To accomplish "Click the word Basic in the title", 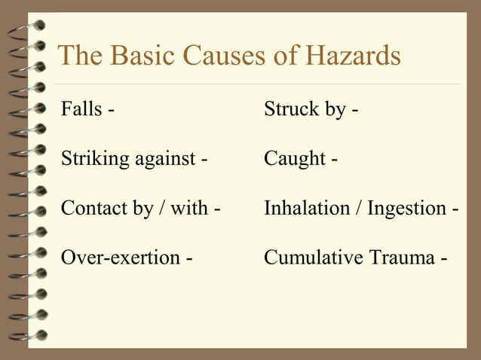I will [x=133, y=56].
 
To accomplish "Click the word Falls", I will [x=80, y=110].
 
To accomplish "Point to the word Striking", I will [x=93, y=160].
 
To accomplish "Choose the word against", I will [x=164, y=160].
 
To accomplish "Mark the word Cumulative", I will [x=311, y=258].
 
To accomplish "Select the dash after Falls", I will [x=112, y=111].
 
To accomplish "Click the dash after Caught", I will [x=334, y=160].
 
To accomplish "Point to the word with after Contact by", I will [x=191, y=209].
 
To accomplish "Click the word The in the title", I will [x=78, y=56].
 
